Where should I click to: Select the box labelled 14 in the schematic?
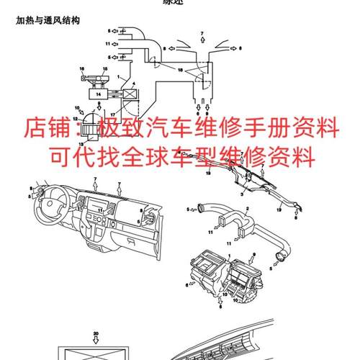click(94, 94)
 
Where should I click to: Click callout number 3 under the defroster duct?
click(243, 194)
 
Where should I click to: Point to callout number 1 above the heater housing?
click(228, 255)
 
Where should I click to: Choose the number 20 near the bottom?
click(96, 333)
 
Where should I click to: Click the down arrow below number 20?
click(96, 341)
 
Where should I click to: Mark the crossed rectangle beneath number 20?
click(96, 354)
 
